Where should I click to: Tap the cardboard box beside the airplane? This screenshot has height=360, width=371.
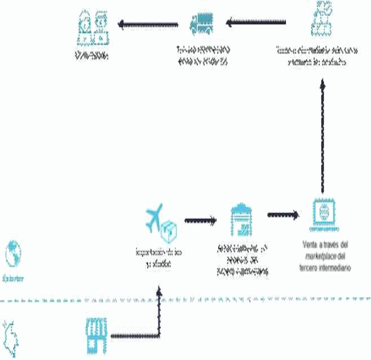(169, 232)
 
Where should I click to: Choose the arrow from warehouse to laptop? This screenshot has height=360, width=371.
(283, 215)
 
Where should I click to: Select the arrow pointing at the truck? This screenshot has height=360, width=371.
(256, 22)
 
